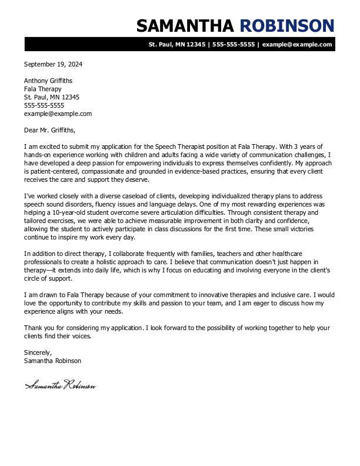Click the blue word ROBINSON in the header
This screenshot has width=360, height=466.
coord(287,25)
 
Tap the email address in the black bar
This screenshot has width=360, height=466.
coord(297,44)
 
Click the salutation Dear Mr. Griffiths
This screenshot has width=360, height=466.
coord(50,130)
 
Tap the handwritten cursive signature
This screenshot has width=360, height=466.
coord(60,386)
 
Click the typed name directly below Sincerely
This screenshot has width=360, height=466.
coord(53,361)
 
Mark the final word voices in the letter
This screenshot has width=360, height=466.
coord(82,336)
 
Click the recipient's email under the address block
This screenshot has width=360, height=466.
coord(58,114)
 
